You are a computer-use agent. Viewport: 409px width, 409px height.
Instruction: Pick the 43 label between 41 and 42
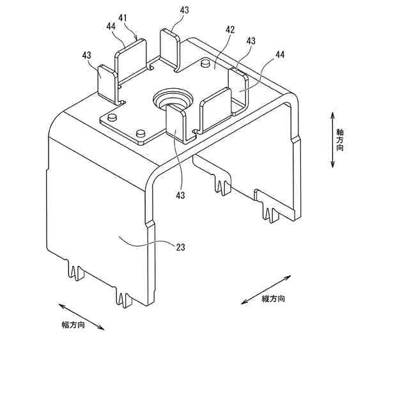185,11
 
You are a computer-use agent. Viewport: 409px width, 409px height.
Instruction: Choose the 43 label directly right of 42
251,40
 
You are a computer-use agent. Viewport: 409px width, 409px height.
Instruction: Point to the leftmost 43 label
87,56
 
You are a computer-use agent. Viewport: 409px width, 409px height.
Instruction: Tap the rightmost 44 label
279,56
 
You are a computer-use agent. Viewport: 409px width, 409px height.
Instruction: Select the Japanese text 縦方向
273,299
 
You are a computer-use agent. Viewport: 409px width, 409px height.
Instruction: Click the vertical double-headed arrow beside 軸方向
332,140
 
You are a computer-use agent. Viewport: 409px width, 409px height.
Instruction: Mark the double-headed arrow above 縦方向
266,289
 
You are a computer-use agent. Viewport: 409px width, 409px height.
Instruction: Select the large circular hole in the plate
172,100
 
